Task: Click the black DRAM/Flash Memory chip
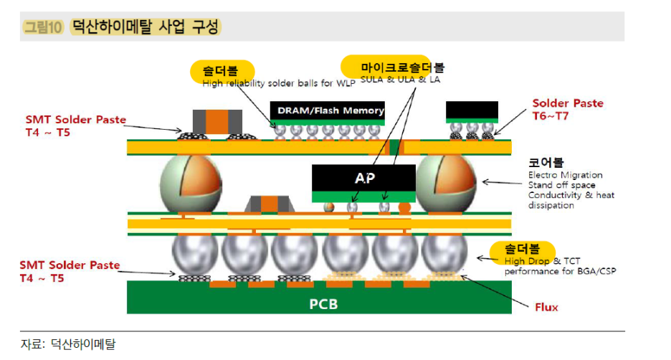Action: (327, 110)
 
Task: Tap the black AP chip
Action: (363, 178)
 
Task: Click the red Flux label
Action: (546, 308)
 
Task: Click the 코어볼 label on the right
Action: (546, 163)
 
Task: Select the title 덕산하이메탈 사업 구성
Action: (146, 27)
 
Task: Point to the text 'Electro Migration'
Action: (565, 175)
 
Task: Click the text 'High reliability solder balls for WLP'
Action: (267, 83)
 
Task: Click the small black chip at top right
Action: (472, 111)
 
